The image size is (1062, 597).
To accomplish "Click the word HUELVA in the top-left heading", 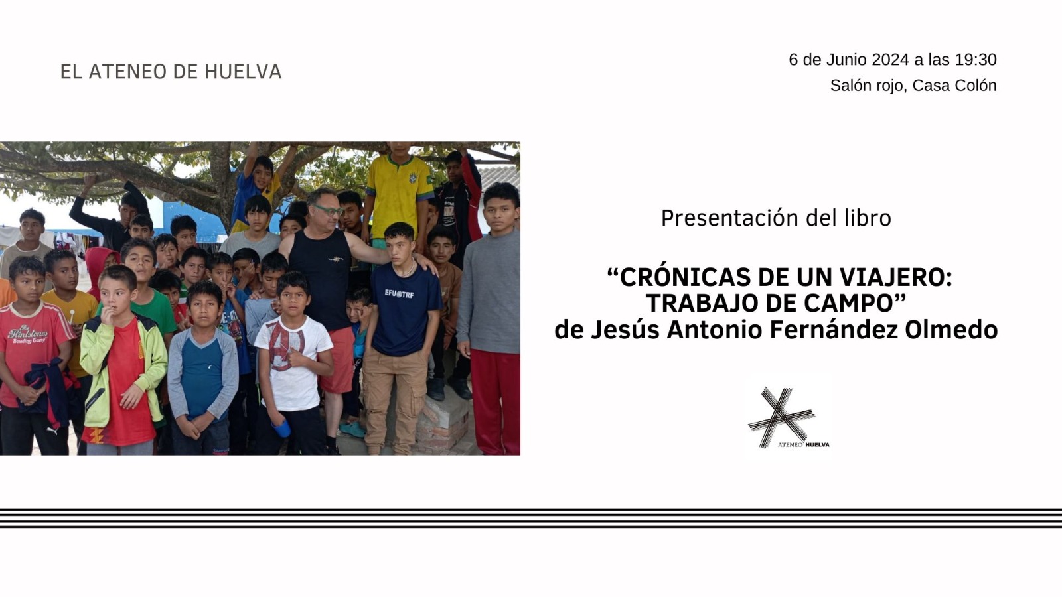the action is click(x=243, y=72).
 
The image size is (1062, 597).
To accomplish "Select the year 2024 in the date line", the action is click(x=890, y=60).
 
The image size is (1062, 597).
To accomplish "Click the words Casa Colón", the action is click(x=954, y=86).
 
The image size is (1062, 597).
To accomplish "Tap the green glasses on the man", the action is click(x=329, y=210).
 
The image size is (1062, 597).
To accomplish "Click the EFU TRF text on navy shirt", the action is click(x=399, y=294).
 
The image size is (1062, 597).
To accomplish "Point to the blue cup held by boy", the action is click(x=281, y=428).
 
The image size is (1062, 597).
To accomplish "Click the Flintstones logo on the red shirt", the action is click(x=27, y=334).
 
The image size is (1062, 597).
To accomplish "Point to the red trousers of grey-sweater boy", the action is click(x=495, y=402).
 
